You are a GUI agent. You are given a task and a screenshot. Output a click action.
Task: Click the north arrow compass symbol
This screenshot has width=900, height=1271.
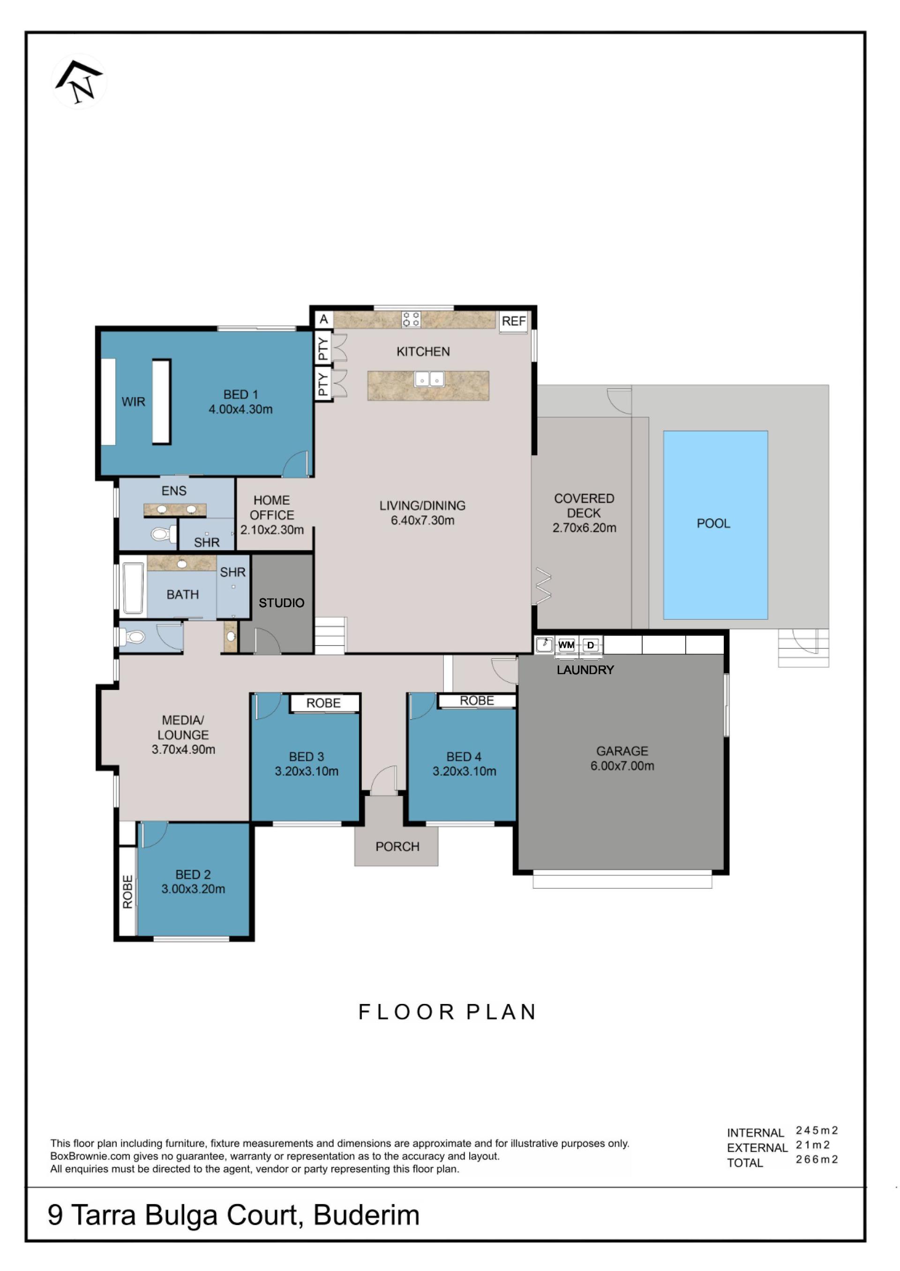tap(79, 82)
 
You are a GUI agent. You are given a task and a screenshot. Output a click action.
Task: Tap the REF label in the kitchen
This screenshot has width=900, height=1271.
tap(513, 321)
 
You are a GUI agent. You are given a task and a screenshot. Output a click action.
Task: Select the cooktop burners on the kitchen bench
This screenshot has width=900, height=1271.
tap(411, 319)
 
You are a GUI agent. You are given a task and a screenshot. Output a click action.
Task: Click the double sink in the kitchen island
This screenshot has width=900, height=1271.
tap(429, 379)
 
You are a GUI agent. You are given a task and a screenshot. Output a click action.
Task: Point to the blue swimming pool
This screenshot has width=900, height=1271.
tap(715, 524)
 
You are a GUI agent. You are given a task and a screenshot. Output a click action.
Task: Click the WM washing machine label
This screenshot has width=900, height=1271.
tap(566, 645)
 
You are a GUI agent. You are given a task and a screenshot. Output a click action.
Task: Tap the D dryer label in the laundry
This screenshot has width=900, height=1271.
tap(591, 645)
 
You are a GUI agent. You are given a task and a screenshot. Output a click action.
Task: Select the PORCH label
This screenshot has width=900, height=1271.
tap(397, 847)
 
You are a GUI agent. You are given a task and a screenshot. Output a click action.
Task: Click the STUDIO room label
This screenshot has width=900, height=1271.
tap(282, 603)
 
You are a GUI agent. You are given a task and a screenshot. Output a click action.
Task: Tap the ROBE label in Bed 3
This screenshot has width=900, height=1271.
tap(323, 703)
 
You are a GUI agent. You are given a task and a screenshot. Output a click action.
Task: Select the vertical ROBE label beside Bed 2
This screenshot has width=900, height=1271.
tap(128, 892)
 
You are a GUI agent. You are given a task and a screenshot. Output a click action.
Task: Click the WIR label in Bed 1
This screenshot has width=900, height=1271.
tap(134, 402)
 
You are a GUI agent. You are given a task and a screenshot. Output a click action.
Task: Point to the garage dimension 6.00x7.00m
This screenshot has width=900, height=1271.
tap(622, 766)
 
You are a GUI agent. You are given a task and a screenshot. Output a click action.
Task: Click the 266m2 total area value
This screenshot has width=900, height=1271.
tap(817, 1159)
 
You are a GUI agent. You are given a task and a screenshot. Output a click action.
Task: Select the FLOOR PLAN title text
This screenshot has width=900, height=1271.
tap(447, 1012)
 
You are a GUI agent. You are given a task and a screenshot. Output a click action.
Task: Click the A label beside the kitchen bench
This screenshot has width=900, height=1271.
tap(324, 320)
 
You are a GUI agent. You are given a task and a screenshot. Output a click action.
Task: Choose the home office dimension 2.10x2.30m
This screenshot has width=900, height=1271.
tap(272, 530)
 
